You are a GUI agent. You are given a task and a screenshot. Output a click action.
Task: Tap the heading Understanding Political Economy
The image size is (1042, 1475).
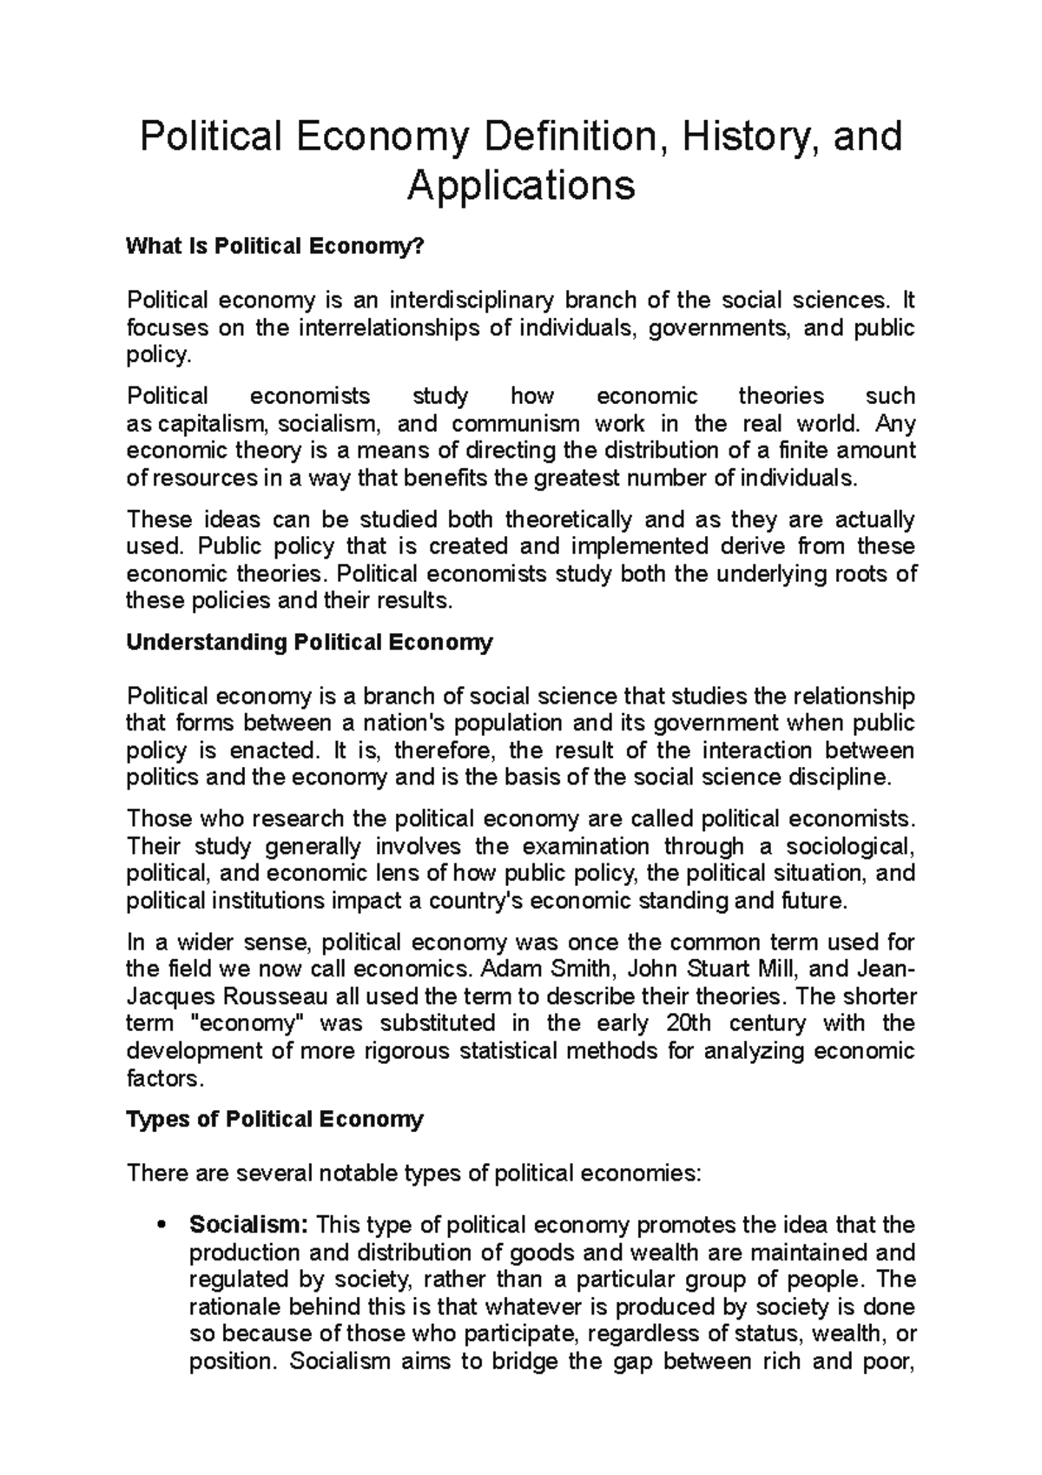coord(309,643)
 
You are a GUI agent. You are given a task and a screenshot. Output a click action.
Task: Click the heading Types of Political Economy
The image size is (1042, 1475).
coord(274,1119)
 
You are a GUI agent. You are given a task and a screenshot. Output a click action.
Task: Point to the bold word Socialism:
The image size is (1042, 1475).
coord(248,1226)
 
